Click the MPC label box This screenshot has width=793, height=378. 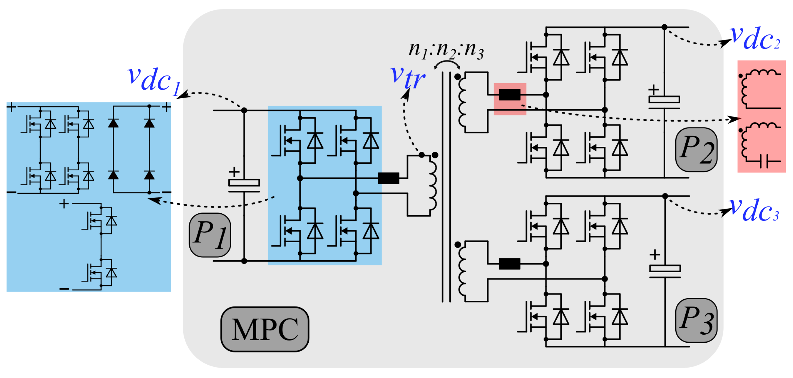(265, 329)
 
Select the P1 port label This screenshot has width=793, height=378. (210, 235)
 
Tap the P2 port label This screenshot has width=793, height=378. (696, 149)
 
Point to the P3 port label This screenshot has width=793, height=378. (696, 320)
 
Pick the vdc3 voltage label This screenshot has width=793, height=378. (754, 210)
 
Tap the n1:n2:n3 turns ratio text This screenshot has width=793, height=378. (446, 50)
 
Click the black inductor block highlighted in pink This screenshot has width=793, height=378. (509, 95)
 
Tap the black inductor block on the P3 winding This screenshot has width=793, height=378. (509, 264)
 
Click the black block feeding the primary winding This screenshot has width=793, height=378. (389, 178)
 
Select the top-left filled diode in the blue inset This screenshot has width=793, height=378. (113, 123)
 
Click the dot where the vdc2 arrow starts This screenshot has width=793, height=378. (664, 27)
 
